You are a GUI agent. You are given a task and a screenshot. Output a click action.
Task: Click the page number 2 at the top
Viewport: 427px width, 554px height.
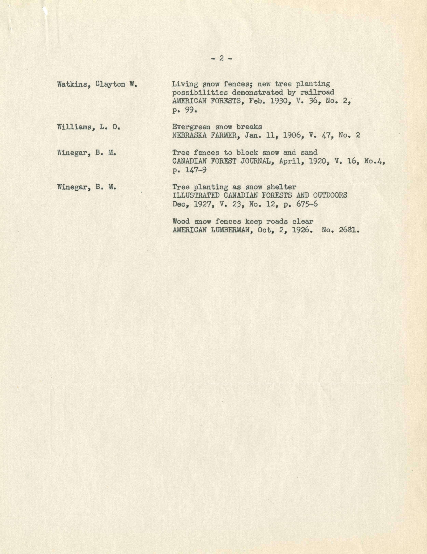[x=221, y=59]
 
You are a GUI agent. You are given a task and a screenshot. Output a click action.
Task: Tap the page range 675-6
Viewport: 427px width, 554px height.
[x=307, y=204]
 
